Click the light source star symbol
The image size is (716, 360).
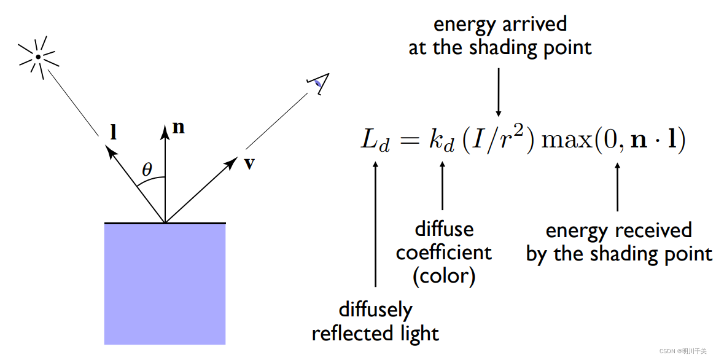[x=38, y=57]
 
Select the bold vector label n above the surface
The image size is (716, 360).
[x=179, y=127]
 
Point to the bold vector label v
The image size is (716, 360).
[x=249, y=163]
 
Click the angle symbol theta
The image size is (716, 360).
[x=147, y=170]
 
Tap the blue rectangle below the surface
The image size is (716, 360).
[x=165, y=283]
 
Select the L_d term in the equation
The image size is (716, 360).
[x=375, y=143]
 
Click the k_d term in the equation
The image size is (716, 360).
[x=442, y=142]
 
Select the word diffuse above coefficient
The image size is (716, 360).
[x=444, y=229]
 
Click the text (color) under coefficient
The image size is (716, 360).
[x=443, y=276]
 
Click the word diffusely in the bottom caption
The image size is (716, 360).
[x=375, y=309]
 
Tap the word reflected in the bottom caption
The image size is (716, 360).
[x=352, y=333]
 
